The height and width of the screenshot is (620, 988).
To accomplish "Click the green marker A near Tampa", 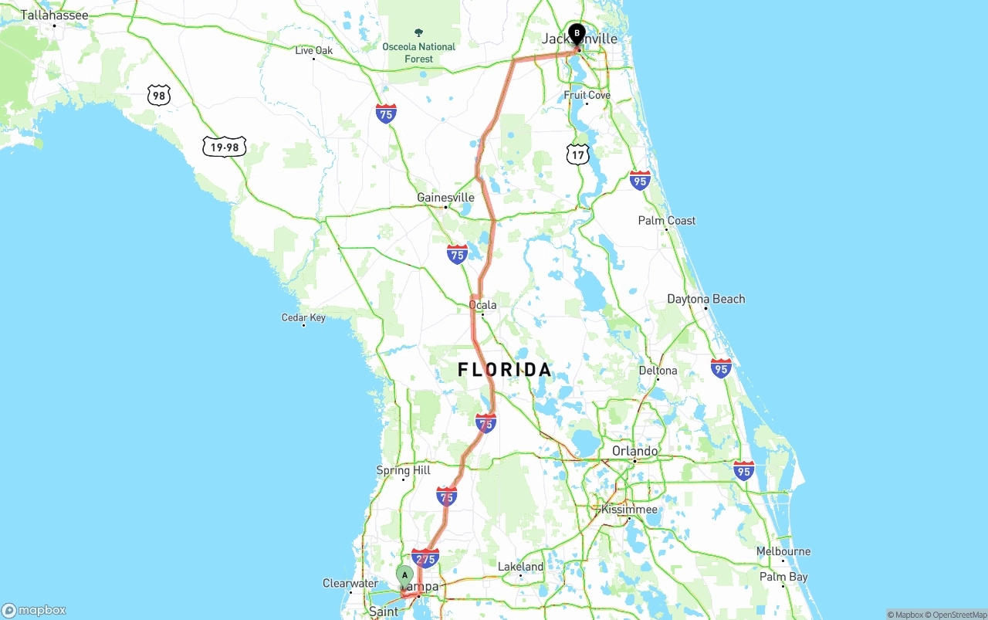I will [x=404, y=575].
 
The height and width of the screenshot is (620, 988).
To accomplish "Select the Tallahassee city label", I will [x=54, y=15].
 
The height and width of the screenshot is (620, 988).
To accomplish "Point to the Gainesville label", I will [x=445, y=198].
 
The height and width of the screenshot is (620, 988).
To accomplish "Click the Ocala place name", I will [x=483, y=305].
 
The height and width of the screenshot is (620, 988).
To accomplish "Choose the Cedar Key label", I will [x=303, y=317].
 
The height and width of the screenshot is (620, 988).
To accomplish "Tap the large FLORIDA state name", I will [x=505, y=370].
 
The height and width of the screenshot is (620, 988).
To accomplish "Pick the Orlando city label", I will [x=634, y=451].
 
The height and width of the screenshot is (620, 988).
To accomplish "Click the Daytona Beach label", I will [x=706, y=299].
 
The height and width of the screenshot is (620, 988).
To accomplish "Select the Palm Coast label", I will [x=667, y=221].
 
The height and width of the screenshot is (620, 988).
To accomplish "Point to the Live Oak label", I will [x=314, y=51].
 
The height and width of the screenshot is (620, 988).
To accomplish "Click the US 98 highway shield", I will [x=158, y=96].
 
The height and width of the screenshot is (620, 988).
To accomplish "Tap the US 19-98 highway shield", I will [x=225, y=147].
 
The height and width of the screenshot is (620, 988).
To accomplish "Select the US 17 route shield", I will [x=577, y=154].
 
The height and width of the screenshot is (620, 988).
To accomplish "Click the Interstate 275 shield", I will [x=425, y=557].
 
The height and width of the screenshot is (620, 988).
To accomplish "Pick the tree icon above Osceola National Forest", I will [x=419, y=32].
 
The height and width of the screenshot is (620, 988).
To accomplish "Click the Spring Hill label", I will [x=404, y=470].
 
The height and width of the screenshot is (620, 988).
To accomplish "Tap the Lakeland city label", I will [x=521, y=567].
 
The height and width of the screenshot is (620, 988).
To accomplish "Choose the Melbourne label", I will [x=783, y=551].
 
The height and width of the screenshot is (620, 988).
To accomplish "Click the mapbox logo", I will [x=34, y=610].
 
